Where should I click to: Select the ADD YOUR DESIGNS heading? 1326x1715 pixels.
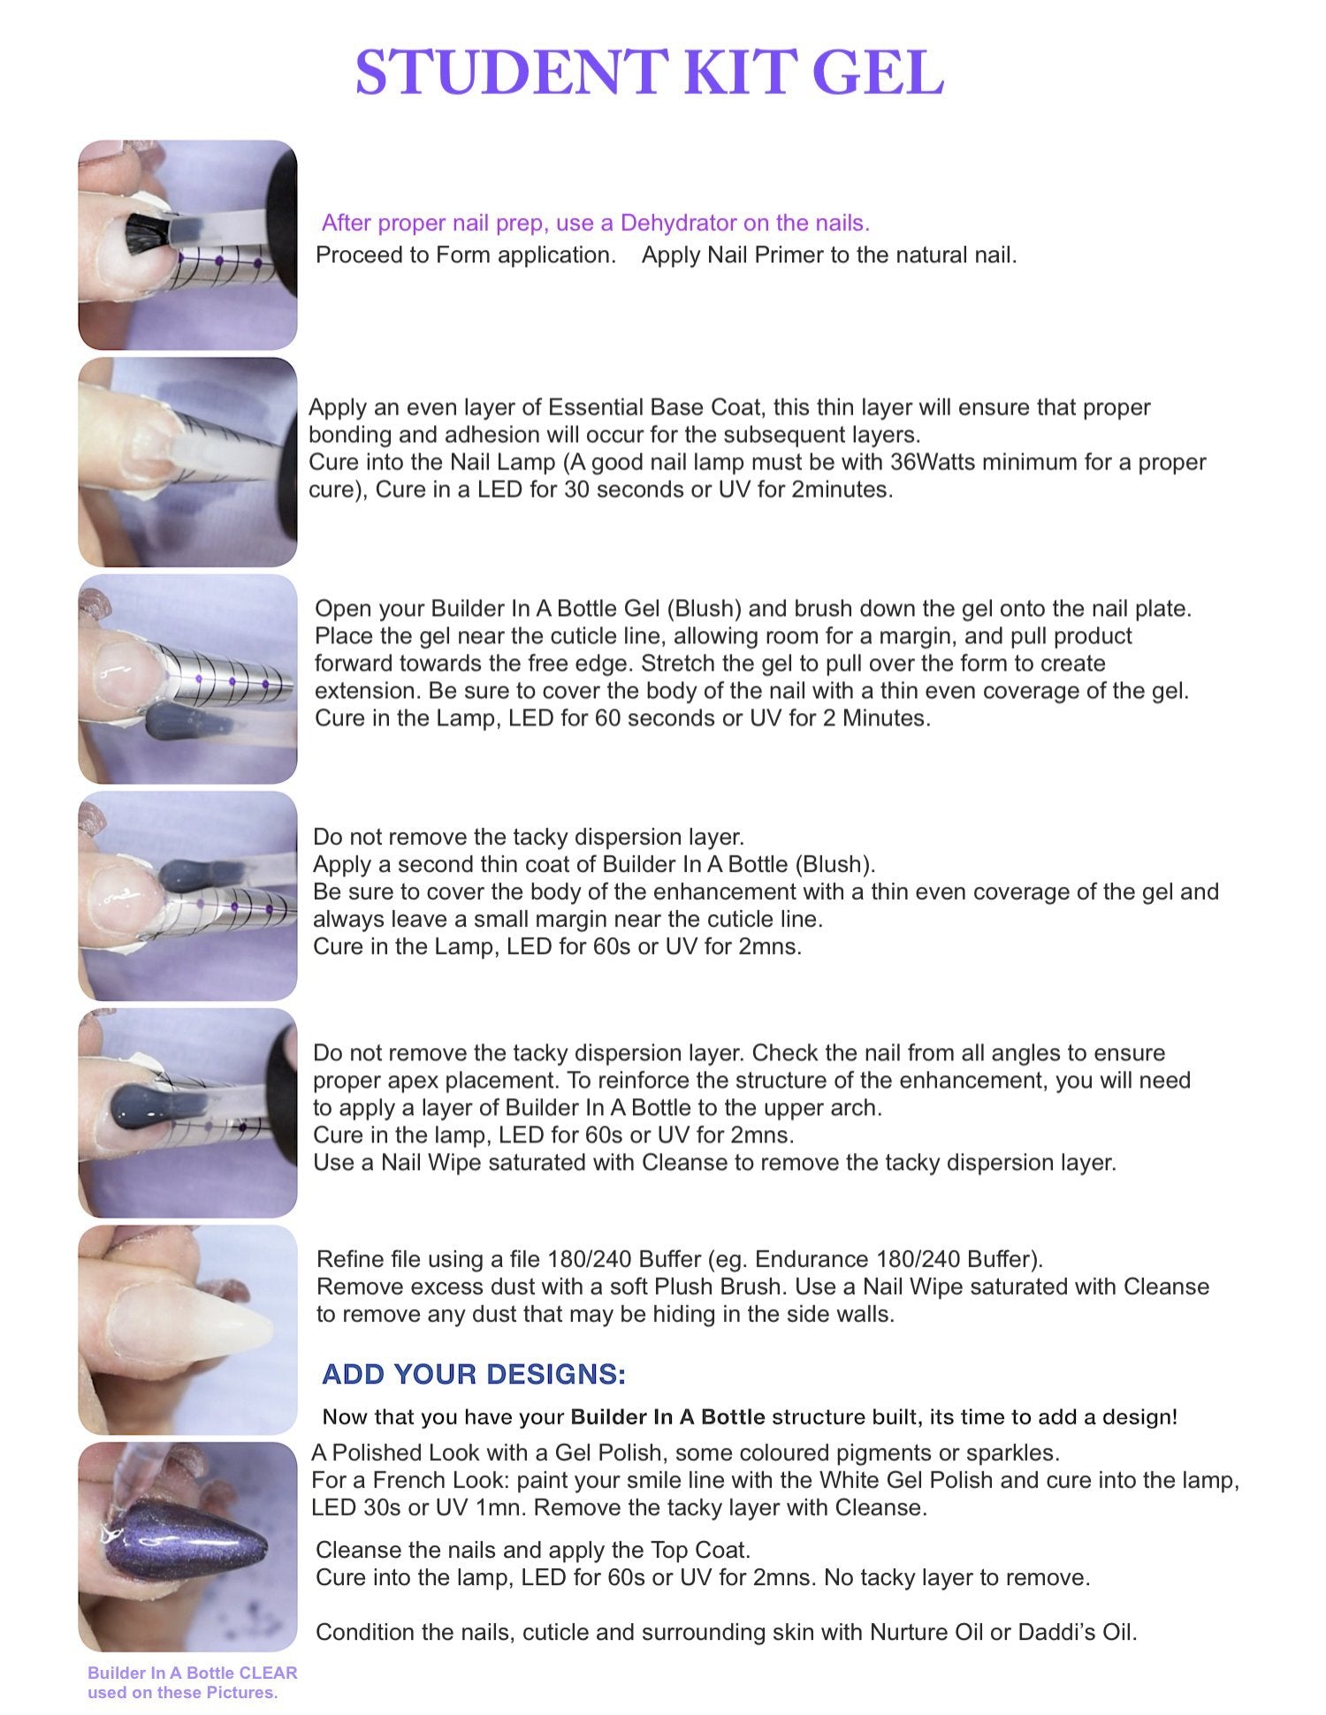pyautogui.click(x=474, y=1374)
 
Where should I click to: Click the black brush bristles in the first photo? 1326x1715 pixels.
pyautogui.click(x=145, y=232)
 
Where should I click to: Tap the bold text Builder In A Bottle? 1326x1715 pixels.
pyautogui.click(x=668, y=1417)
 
